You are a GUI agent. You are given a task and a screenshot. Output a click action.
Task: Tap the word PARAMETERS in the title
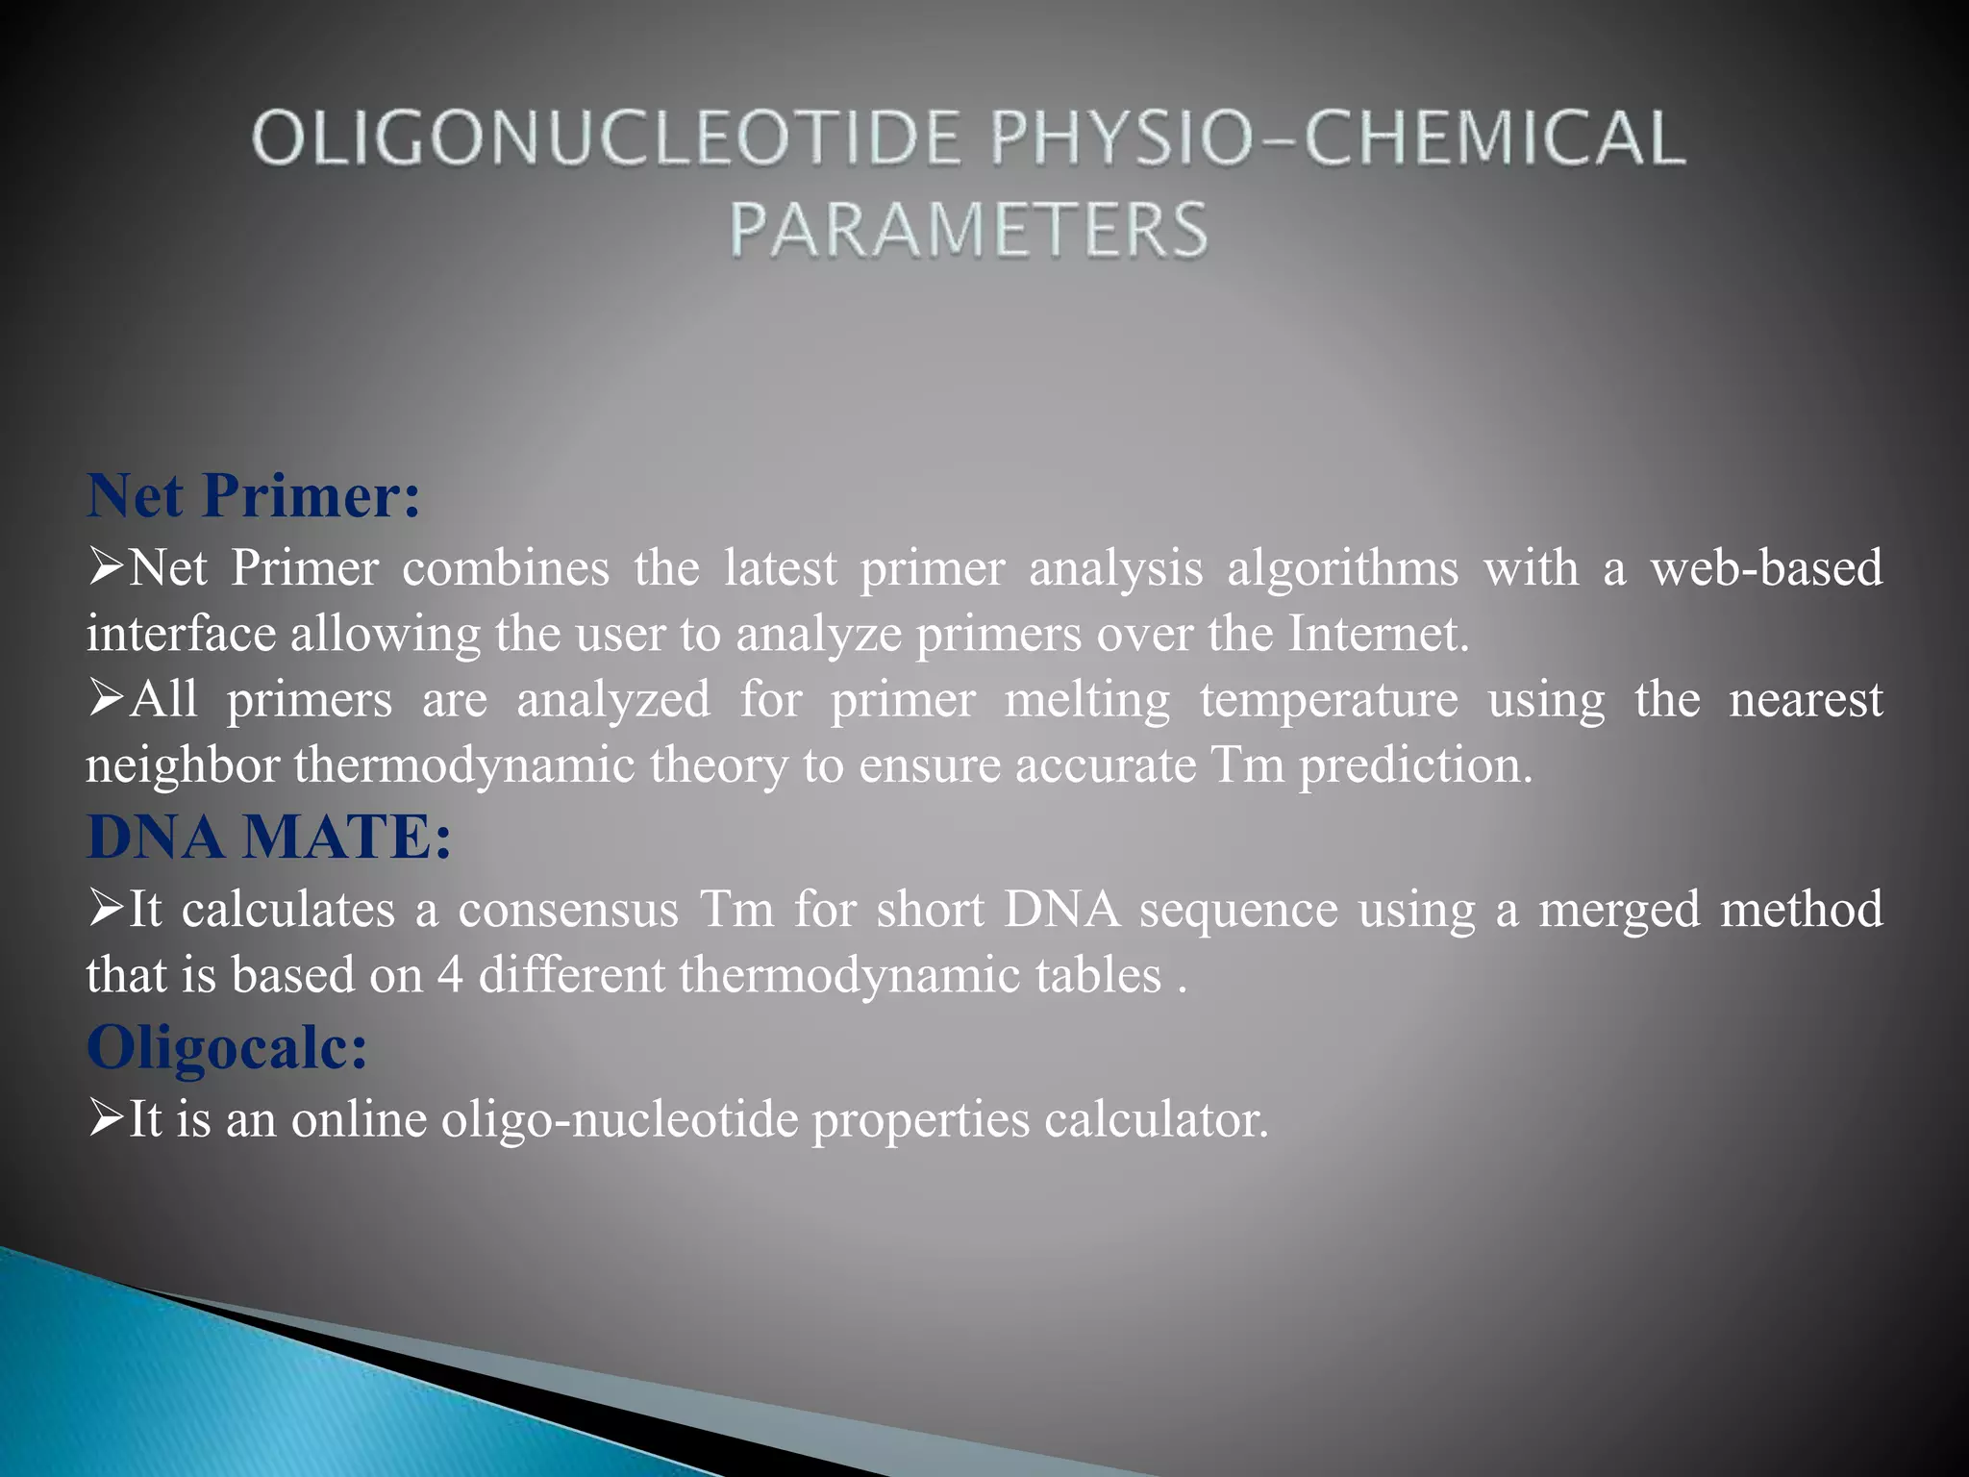pos(968,231)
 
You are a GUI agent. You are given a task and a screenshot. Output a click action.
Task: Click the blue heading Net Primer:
pos(254,495)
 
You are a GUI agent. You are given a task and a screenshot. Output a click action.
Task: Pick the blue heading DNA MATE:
pos(269,837)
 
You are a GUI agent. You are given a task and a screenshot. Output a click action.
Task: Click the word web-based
pos(1766,567)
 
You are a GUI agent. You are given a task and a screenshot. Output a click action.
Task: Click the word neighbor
pos(183,765)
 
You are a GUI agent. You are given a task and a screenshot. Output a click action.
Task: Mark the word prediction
pos(1415,765)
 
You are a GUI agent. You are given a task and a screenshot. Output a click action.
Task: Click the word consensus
pos(568,909)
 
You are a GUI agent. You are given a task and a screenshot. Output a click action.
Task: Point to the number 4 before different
pos(450,975)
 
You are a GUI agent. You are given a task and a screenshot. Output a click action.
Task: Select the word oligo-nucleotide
pos(619,1119)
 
